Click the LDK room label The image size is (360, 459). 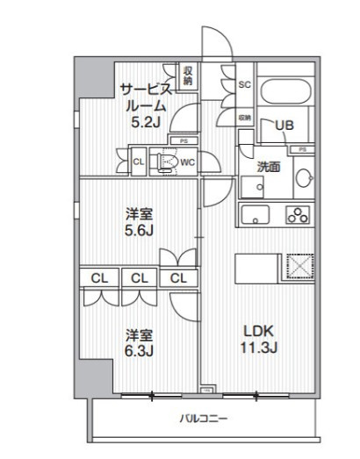(259, 332)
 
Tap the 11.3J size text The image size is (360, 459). (259, 349)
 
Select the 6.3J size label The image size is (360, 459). (139, 353)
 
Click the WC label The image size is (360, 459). (187, 161)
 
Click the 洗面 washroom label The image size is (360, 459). (269, 167)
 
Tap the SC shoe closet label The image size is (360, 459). (245, 85)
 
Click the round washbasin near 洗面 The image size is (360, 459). (303, 179)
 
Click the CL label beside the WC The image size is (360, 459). (139, 161)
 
